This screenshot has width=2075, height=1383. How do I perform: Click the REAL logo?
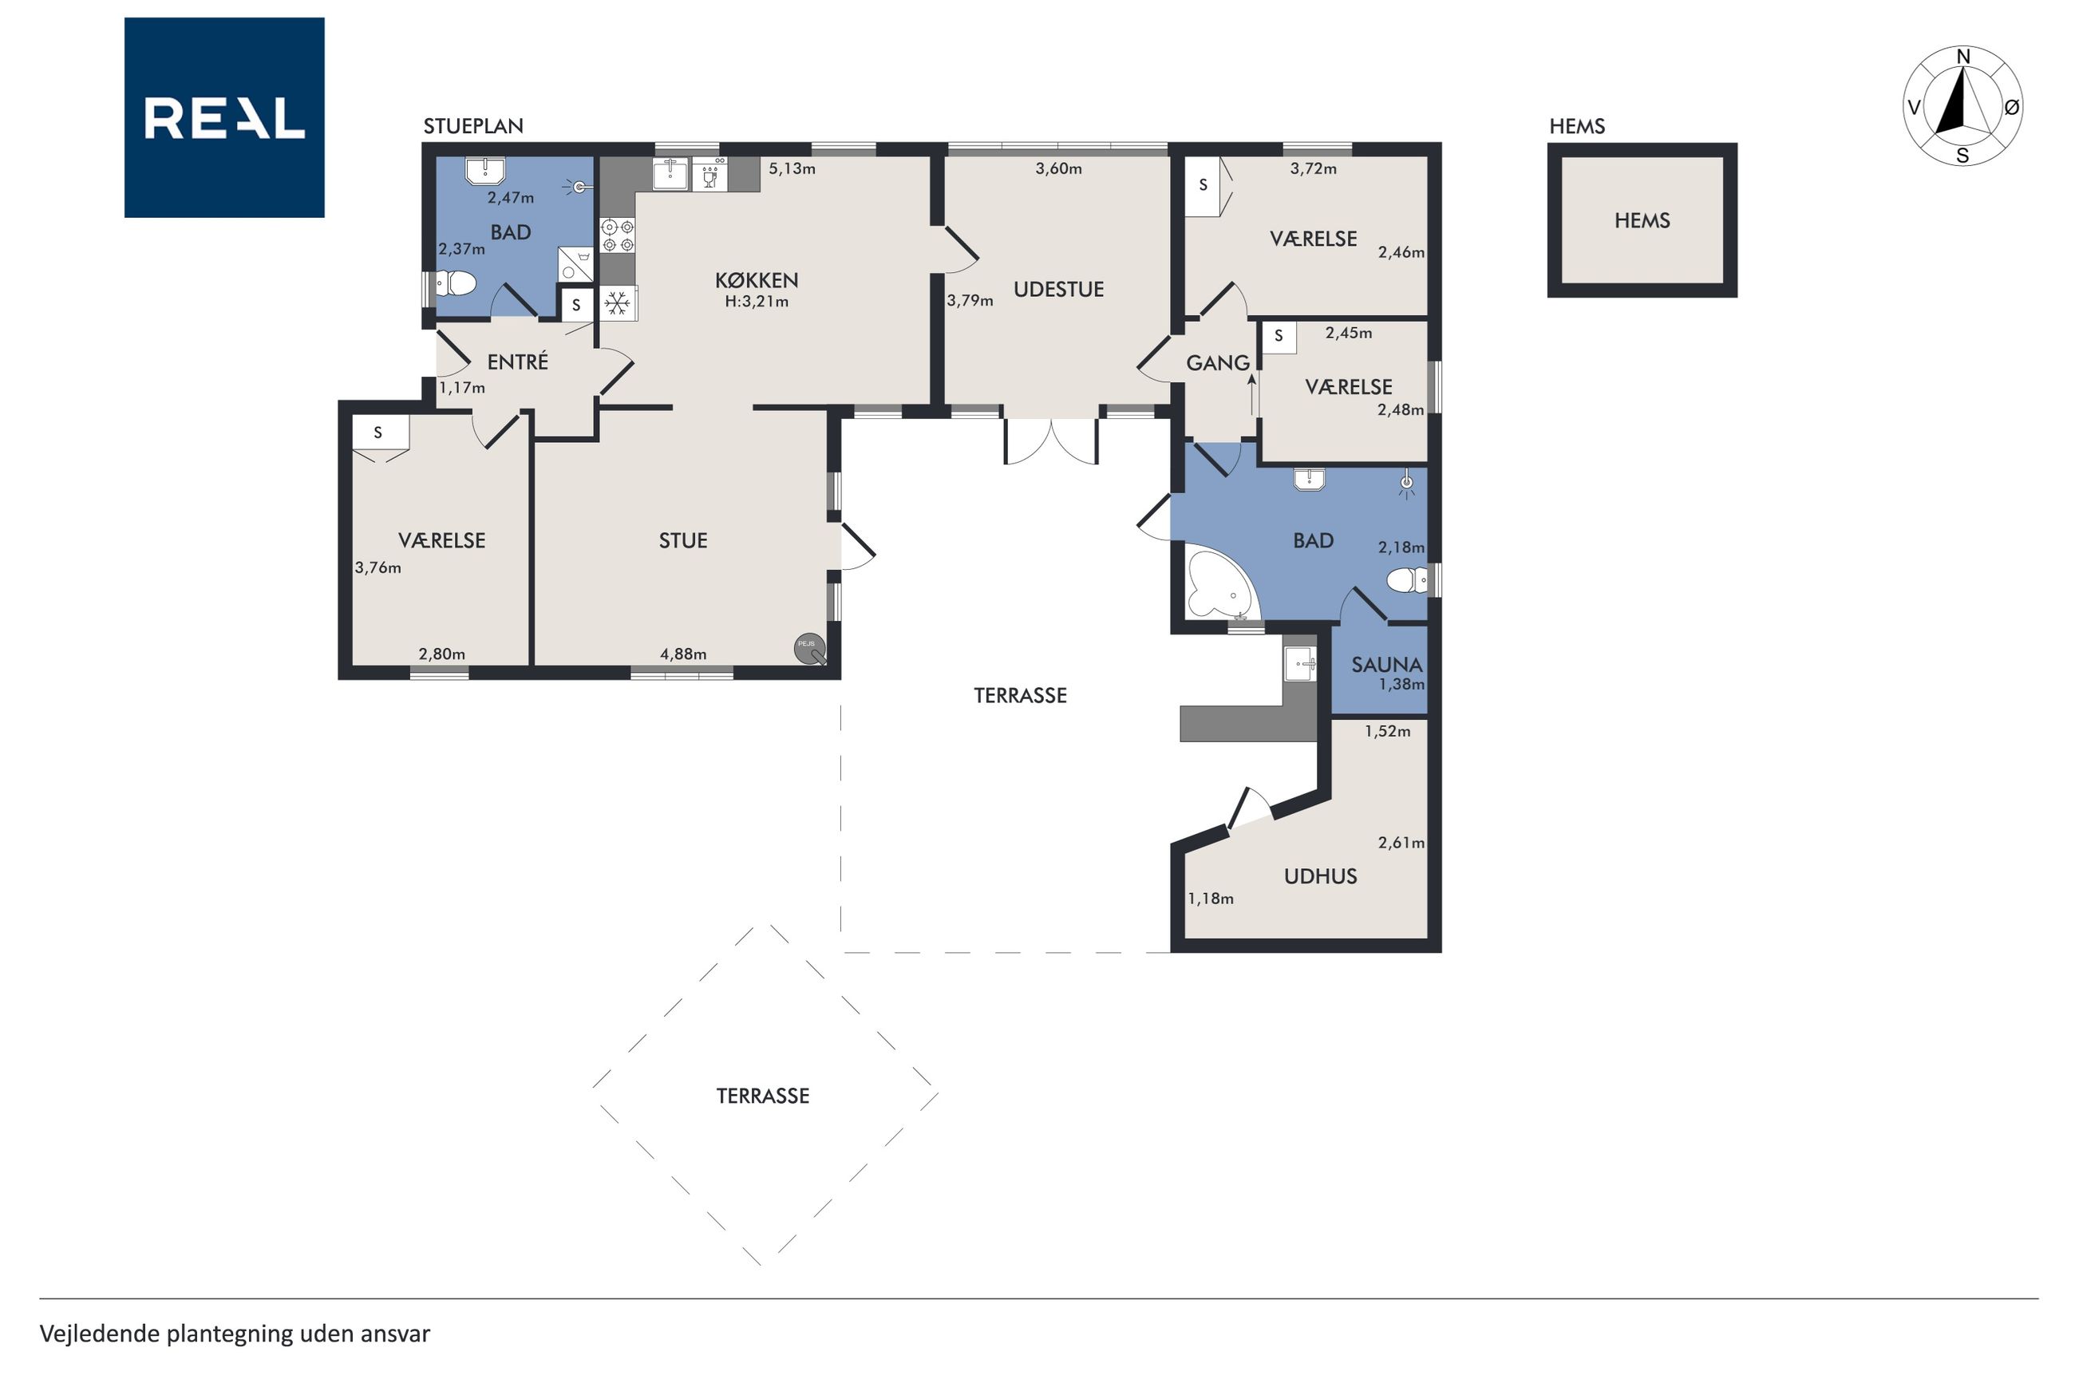pyautogui.click(x=224, y=117)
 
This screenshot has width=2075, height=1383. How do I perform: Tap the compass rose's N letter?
pyautogui.click(x=1963, y=57)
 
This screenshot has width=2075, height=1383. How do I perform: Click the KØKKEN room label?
pyautogui.click(x=757, y=280)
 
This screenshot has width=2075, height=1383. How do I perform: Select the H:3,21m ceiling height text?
pyautogui.click(x=757, y=302)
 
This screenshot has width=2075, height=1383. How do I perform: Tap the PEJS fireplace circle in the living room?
pyautogui.click(x=809, y=648)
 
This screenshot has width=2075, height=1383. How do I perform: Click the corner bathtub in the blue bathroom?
pyautogui.click(x=1222, y=585)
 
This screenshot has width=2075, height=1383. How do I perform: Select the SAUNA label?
pyautogui.click(x=1386, y=665)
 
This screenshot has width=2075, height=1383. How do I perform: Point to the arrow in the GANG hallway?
pyautogui.click(x=1251, y=394)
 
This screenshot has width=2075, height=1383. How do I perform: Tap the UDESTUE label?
pyautogui.click(x=1058, y=290)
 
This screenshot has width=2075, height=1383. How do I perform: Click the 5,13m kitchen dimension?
pyautogui.click(x=792, y=168)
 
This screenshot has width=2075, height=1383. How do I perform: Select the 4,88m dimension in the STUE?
pyautogui.click(x=683, y=654)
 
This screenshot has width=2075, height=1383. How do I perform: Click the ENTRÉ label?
pyautogui.click(x=518, y=362)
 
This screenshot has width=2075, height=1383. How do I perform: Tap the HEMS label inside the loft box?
pyautogui.click(x=1642, y=220)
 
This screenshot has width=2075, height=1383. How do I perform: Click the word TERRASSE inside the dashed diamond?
pyautogui.click(x=763, y=1097)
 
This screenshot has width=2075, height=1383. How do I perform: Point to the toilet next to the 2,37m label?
pyautogui.click(x=457, y=283)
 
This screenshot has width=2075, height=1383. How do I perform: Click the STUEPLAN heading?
pyautogui.click(x=473, y=126)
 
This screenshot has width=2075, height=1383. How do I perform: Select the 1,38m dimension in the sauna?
pyautogui.click(x=1401, y=685)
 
